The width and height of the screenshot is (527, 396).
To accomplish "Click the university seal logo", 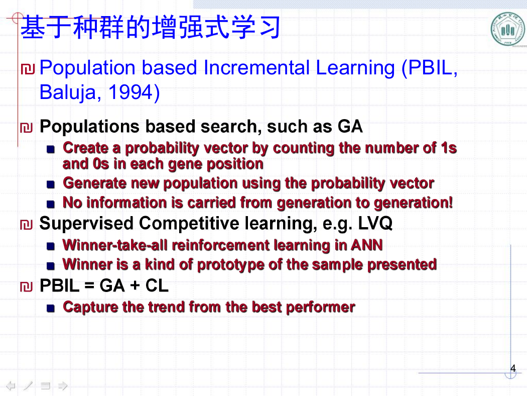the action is [x=508, y=29].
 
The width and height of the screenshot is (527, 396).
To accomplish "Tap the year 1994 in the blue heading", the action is [x=130, y=92].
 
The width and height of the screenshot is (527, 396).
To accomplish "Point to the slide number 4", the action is [x=512, y=368].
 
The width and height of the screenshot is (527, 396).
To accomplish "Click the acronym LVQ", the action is [x=375, y=223].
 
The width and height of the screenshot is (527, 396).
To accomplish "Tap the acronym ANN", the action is [x=367, y=245].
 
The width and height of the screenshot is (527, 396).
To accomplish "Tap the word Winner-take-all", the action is [x=115, y=245].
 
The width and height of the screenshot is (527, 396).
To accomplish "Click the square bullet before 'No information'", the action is [x=50, y=204].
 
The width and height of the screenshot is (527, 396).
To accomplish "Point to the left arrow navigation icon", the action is [x=11, y=385].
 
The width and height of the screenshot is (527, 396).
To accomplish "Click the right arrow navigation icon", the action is [x=63, y=385].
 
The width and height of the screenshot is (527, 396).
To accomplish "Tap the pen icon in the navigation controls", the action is [x=28, y=385].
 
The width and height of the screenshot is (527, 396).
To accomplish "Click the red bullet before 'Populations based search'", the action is [x=26, y=128].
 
